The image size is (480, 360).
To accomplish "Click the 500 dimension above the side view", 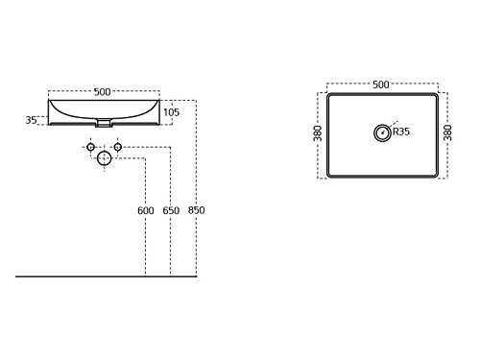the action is click(x=102, y=92).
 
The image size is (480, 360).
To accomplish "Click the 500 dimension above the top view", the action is click(x=381, y=84).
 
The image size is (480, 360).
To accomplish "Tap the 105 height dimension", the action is click(x=171, y=112).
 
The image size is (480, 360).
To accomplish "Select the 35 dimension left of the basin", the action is click(x=31, y=120).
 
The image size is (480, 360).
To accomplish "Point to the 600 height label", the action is click(x=146, y=210).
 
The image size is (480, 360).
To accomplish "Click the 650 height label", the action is click(x=171, y=210).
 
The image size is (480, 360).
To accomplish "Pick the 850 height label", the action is click(x=196, y=210).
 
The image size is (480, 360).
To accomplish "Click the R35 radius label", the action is click(x=401, y=132).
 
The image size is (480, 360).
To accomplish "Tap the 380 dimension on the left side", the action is click(x=317, y=133).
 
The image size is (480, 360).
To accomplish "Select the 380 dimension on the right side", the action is click(x=447, y=132).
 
